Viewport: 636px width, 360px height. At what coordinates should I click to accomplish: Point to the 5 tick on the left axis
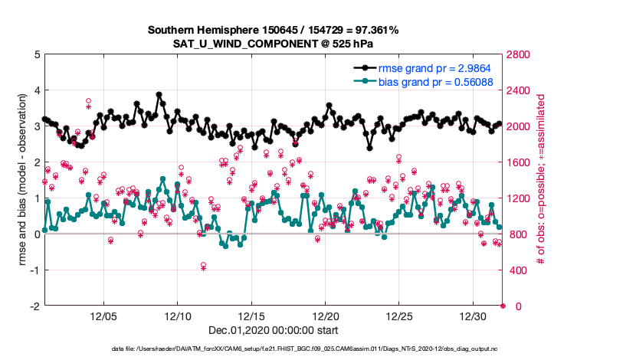(x=35, y=55)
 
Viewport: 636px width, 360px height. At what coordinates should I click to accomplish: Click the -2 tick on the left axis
(x=33, y=306)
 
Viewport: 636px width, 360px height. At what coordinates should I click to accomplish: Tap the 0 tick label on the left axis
(x=35, y=234)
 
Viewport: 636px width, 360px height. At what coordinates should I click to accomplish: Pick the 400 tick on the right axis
(x=516, y=270)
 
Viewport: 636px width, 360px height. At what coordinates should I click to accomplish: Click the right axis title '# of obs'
(x=540, y=180)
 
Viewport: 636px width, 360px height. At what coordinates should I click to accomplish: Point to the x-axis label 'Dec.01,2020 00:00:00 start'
(x=273, y=331)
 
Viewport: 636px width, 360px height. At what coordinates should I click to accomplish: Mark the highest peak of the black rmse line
(x=159, y=95)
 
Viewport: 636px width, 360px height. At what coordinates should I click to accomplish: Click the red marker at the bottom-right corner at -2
(x=503, y=306)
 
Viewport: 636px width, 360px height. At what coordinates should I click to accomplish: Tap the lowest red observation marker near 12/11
(x=204, y=266)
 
